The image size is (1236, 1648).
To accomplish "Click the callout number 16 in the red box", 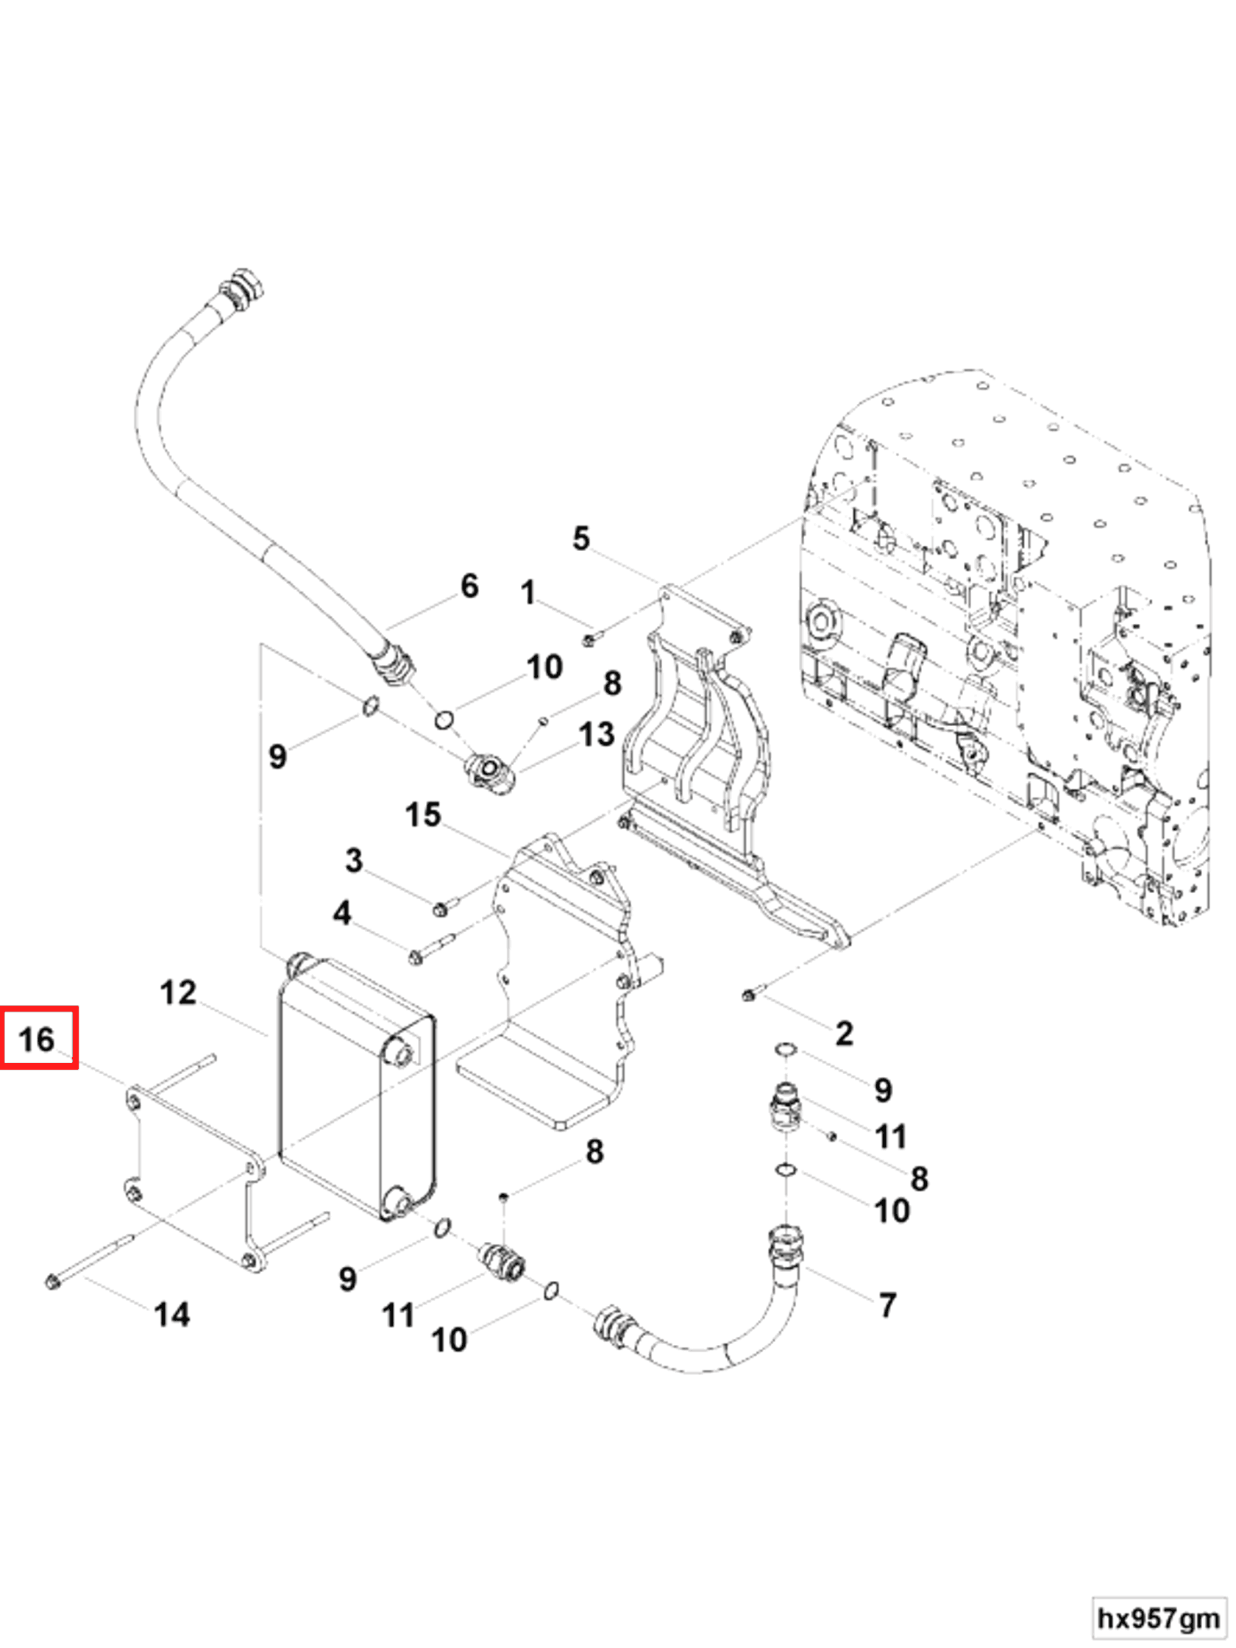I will pyautogui.click(x=38, y=1040).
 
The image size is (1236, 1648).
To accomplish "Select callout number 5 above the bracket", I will pyautogui.click(x=581, y=538).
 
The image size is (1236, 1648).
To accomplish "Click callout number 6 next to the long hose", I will pyautogui.click(x=469, y=586).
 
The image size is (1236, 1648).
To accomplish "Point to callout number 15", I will pyautogui.click(x=423, y=814).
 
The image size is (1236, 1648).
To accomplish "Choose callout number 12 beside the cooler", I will pyautogui.click(x=178, y=992).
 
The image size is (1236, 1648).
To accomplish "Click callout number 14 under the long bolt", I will pyautogui.click(x=172, y=1314).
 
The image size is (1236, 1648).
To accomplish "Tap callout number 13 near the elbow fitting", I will pyautogui.click(x=596, y=734).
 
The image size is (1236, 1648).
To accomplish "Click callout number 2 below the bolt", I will pyautogui.click(x=843, y=1034).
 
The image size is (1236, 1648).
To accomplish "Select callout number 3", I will pyautogui.click(x=354, y=860).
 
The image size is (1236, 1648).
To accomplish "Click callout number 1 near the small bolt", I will pyautogui.click(x=528, y=593).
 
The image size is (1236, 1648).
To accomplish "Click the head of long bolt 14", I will pyautogui.click(x=52, y=1282).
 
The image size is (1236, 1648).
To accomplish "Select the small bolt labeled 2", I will pyautogui.click(x=749, y=995).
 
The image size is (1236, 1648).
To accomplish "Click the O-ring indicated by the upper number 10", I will pyautogui.click(x=444, y=720).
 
